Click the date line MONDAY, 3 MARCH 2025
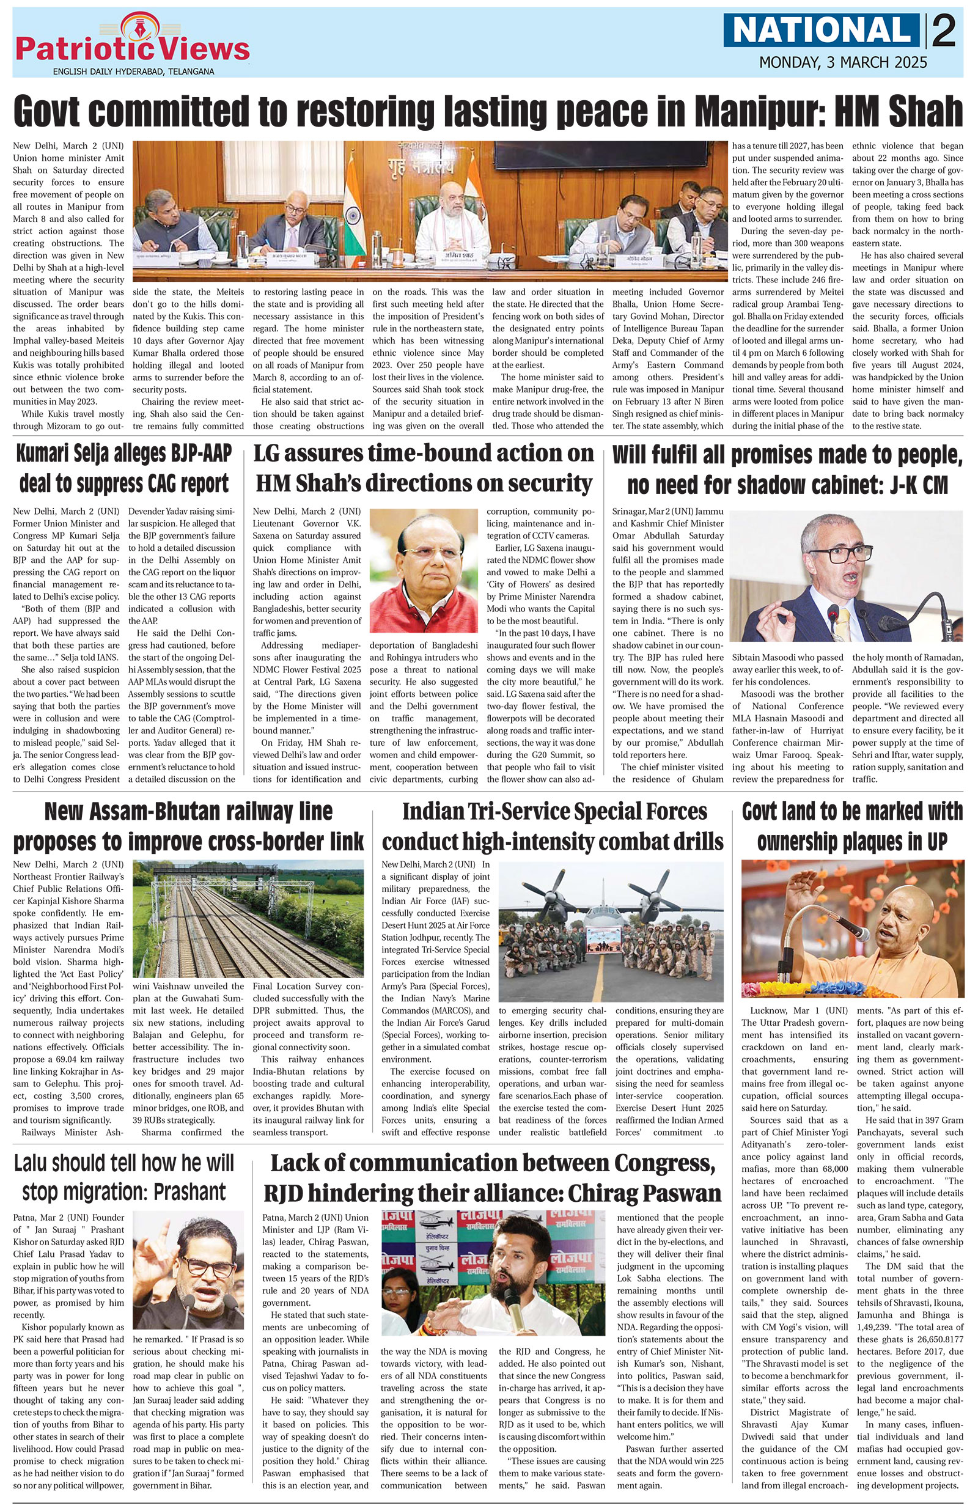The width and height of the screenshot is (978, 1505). pyautogui.click(x=843, y=62)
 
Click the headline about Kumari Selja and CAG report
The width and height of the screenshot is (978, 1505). pyautogui.click(x=124, y=469)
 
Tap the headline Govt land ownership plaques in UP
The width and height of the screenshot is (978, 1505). pyautogui.click(x=852, y=826)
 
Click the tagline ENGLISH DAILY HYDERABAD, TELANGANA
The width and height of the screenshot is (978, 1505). pyautogui.click(x=133, y=72)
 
